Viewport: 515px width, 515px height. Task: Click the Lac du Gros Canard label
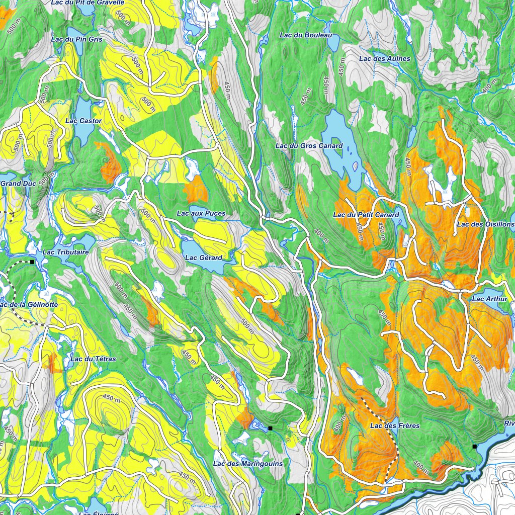click(x=309, y=146)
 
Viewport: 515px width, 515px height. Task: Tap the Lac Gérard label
click(x=204, y=258)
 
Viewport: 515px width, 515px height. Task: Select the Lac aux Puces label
click(x=201, y=213)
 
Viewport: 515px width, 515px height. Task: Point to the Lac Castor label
click(x=83, y=121)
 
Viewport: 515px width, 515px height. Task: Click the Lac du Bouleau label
click(x=306, y=35)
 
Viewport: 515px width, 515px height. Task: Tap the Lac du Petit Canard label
click(x=366, y=215)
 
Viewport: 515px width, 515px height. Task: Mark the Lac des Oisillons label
click(x=485, y=224)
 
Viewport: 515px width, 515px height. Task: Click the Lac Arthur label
click(x=486, y=299)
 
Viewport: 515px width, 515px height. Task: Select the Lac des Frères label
click(x=394, y=426)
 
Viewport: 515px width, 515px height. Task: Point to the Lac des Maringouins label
click(x=248, y=463)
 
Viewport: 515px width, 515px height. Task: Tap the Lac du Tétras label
click(x=93, y=359)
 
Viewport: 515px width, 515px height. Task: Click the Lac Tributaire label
click(x=66, y=252)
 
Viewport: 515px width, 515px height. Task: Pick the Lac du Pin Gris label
click(x=76, y=39)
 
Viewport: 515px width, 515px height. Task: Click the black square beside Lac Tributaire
click(x=32, y=262)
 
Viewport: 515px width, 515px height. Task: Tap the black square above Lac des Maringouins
click(x=270, y=428)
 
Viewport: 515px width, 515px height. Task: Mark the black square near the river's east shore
click(x=474, y=446)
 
